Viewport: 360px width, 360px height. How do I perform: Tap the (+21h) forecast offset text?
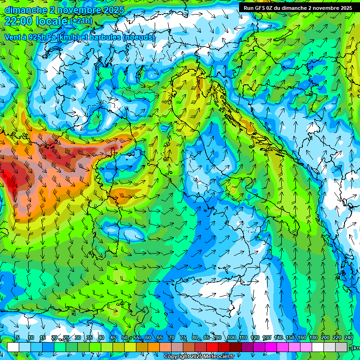[82, 21]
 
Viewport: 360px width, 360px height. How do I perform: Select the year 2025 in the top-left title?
[112, 10]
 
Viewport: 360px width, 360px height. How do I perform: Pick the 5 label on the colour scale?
[18, 337]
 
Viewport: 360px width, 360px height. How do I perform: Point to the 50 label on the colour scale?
[125, 337]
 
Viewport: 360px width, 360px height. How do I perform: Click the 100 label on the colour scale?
[231, 337]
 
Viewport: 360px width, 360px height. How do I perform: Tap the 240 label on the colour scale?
[348, 337]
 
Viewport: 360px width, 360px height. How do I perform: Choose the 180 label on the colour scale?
[313, 337]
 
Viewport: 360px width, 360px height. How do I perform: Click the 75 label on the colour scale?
[183, 337]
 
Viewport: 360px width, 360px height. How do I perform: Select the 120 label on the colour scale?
[255, 337]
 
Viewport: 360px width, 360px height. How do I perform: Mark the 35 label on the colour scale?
[90, 337]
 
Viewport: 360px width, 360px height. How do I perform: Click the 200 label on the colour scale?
[325, 337]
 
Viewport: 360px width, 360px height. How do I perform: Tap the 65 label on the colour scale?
[160, 337]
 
